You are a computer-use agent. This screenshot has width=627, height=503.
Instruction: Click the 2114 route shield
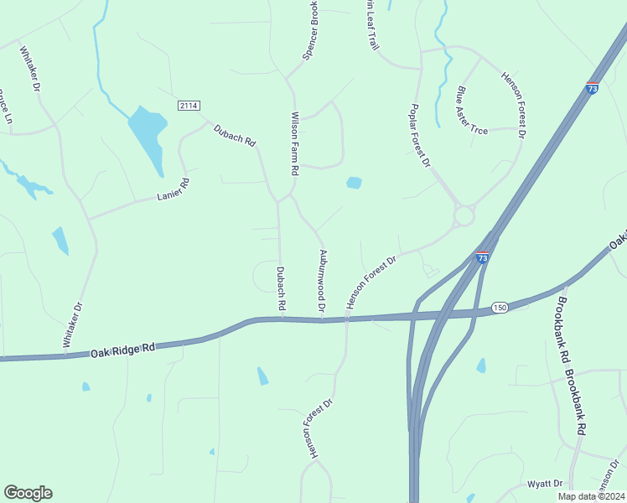coord(189,105)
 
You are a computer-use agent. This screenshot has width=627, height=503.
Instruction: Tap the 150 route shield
coord(500,308)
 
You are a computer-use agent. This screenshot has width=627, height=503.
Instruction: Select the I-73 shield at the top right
coord(593,87)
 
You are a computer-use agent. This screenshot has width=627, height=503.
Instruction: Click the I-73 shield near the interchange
coord(482,258)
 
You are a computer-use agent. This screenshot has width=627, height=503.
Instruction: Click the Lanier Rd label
coord(174,190)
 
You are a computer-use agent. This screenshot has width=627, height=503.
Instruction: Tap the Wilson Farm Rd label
coord(294,143)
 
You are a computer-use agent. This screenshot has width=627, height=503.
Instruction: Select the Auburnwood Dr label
coord(321,282)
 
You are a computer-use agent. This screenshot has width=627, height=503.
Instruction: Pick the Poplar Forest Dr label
coord(420,135)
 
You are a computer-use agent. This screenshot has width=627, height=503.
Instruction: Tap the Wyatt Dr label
coord(545,484)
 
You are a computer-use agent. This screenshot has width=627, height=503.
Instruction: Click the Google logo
coord(28,493)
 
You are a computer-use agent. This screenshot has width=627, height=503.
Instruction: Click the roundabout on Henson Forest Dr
coord(464,216)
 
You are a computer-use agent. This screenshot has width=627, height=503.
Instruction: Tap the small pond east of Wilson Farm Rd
coord(354,182)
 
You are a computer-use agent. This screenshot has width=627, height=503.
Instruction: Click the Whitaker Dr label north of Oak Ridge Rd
coord(74,325)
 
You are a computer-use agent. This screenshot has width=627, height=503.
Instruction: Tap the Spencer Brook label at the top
coord(310,29)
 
